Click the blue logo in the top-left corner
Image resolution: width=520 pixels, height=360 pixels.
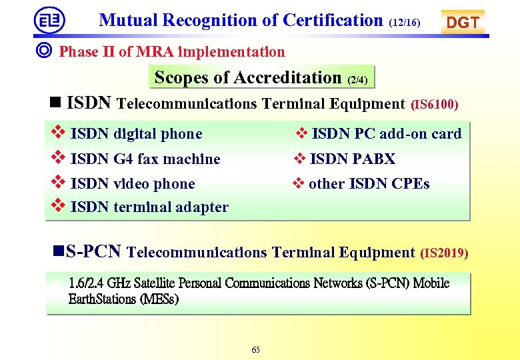[x=49, y=20]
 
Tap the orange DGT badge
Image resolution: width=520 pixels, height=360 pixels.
[x=463, y=22]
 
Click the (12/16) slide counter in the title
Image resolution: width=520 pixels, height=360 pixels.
[x=404, y=23]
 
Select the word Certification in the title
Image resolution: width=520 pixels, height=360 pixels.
[x=333, y=20]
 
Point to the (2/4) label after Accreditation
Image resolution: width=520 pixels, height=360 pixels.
[x=357, y=80]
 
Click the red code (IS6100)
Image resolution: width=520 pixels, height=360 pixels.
[x=434, y=105]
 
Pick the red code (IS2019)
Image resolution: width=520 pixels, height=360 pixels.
[x=445, y=253]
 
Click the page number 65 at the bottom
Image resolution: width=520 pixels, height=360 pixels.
[x=256, y=350]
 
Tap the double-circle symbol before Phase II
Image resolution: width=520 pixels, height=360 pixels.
[x=45, y=51]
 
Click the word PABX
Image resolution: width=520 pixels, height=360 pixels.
[x=374, y=159]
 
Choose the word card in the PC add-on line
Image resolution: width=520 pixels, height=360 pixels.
[x=446, y=134]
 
